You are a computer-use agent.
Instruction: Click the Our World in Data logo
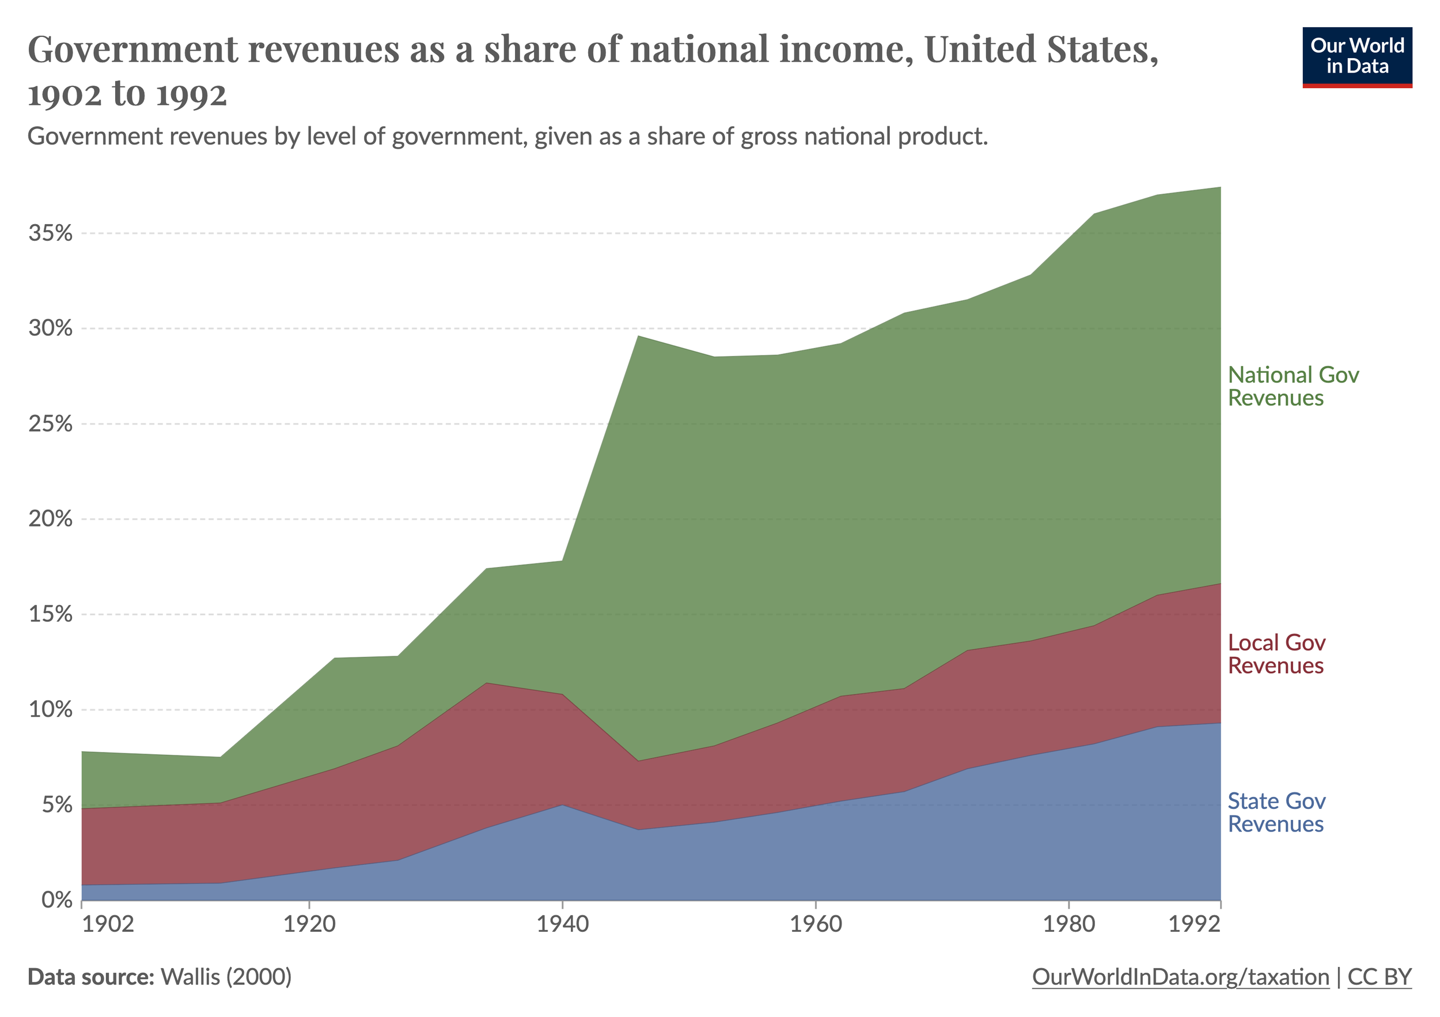coord(1356,57)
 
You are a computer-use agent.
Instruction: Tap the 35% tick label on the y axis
coord(50,233)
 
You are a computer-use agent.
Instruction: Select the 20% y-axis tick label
coord(50,519)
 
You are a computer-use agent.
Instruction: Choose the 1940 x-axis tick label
coord(563,924)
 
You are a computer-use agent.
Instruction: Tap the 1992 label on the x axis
coord(1195,924)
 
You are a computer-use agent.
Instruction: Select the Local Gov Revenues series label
coord(1276,654)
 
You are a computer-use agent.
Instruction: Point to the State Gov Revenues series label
coord(1276,812)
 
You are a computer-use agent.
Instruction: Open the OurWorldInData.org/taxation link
coord(1180,977)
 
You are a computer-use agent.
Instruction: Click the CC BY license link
coord(1379,977)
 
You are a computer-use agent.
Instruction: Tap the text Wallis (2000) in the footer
coord(226,977)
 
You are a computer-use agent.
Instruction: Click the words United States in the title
coord(1041,49)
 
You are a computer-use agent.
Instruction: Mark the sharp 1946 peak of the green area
coord(638,337)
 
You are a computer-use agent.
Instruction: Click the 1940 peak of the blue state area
coord(563,805)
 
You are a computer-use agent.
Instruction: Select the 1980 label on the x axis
coord(1067,924)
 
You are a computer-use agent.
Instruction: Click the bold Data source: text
coord(91,977)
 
